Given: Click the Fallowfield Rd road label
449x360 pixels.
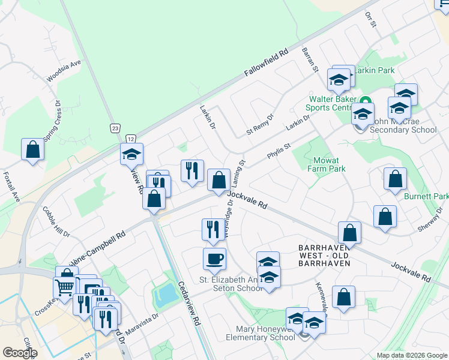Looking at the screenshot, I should coord(267,62).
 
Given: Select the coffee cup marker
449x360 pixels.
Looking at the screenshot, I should coord(214,259).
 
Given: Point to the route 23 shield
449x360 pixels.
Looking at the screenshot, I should coord(115,128).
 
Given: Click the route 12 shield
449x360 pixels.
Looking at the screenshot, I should coord(131,139).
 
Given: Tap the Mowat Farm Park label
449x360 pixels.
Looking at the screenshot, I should coord(328,164).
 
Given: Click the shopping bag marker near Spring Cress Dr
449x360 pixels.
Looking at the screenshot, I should coord(32,149).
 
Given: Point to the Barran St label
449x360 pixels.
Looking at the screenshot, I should coord(310,60).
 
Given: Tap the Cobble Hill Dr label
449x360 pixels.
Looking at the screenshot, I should coord(56,223).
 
